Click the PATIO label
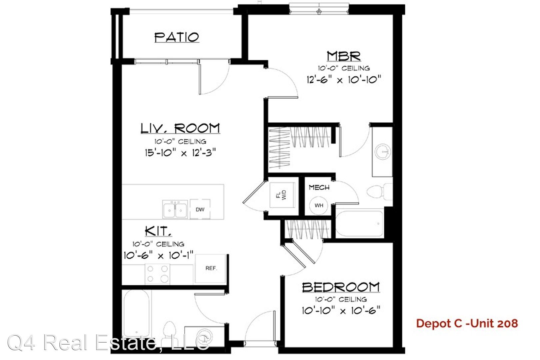click(177, 37)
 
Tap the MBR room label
click(344, 56)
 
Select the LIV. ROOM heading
click(180, 128)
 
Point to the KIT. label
click(158, 231)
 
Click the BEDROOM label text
click(341, 287)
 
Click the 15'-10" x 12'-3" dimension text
click(180, 153)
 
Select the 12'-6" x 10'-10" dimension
click(344, 80)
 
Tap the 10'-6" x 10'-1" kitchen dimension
click(158, 255)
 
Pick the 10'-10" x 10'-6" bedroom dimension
click(341, 310)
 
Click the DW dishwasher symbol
click(200, 209)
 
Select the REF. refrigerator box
click(211, 268)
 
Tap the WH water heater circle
click(319, 205)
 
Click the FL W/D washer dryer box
click(282, 195)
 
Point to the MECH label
click(319, 187)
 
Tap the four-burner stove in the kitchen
click(157, 274)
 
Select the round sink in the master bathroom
click(383, 152)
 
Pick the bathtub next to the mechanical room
click(359, 224)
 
